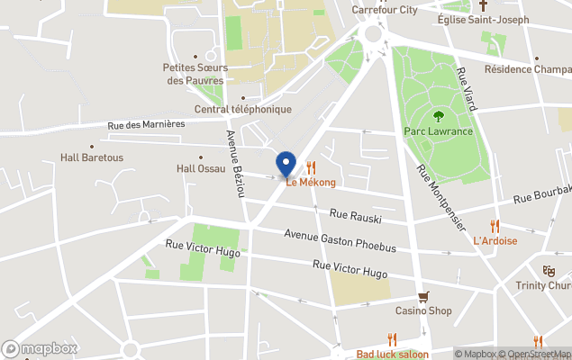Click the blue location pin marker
[286, 164]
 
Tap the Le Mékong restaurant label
[311, 183]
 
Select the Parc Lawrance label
[438, 131]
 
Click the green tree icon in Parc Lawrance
[439, 115]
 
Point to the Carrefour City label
[384, 10]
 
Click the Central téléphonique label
[243, 110]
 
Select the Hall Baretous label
[91, 157]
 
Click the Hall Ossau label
[200, 168]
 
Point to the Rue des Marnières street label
[146, 125]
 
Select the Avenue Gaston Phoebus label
[340, 236]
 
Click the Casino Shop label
[423, 311]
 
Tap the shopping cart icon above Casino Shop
[423, 296]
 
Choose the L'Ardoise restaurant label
[495, 240]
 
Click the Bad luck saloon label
[392, 354]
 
